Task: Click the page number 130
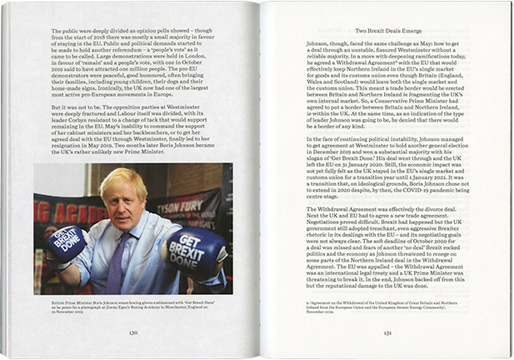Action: click(132, 330)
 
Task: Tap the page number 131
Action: click(388, 330)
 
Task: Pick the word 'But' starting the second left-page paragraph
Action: click(39, 107)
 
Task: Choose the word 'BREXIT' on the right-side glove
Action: click(193, 247)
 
